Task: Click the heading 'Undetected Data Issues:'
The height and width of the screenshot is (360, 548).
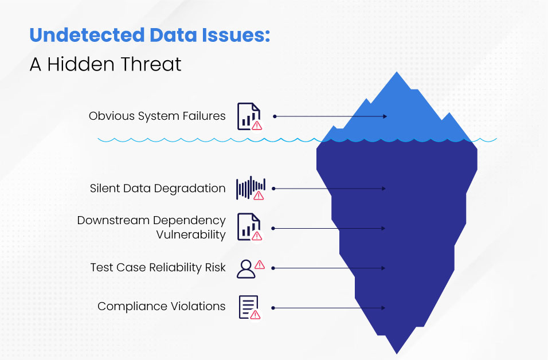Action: [x=150, y=36]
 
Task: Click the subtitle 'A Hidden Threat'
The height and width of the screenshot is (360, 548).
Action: [x=105, y=64]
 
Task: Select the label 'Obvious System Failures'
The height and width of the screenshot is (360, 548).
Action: [x=157, y=116]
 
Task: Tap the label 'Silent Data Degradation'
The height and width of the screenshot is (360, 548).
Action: [x=158, y=188]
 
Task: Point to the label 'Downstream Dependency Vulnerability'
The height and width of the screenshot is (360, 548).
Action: [x=151, y=228]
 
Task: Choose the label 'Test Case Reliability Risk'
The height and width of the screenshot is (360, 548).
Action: [x=158, y=268]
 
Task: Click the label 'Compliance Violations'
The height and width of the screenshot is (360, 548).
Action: [x=161, y=307]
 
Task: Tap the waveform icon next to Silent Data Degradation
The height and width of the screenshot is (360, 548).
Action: [x=250, y=188]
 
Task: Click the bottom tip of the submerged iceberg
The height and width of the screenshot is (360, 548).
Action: [x=397, y=351]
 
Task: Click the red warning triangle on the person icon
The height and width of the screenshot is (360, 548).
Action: [x=259, y=264]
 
